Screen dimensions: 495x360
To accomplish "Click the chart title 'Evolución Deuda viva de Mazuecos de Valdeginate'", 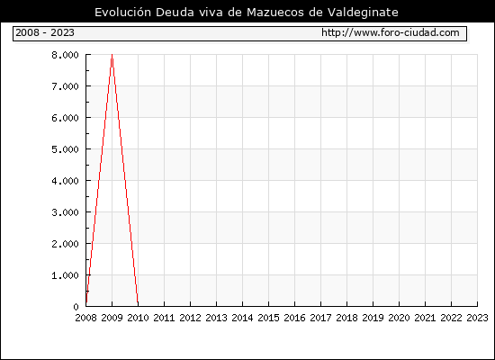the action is coord(247,13).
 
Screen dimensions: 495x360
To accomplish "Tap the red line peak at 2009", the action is coord(112,55).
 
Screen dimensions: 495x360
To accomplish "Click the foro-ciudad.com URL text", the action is coord(391,32).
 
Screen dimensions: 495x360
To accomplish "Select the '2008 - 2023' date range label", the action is coord(45,32).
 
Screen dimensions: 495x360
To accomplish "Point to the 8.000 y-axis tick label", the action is coord(65,55).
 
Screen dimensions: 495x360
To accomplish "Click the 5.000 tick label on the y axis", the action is coord(65,149).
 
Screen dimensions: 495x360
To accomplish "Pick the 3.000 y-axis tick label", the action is coord(65,212).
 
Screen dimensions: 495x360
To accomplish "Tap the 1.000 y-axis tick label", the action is coord(65,275).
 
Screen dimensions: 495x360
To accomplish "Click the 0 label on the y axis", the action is coord(76,307).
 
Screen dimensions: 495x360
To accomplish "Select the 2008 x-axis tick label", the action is coord(85,318).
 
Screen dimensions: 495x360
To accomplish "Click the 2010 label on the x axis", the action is coord(138,318).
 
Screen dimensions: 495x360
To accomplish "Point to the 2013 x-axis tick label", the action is coord(216,318).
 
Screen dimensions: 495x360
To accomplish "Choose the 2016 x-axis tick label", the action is coord(294,318).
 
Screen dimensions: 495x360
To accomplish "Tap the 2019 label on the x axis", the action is coord(373,318).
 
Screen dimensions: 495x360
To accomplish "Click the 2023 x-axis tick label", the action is coord(477,318).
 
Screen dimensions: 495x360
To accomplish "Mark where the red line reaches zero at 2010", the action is coord(138,306).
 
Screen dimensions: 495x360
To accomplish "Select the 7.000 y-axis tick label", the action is coord(65,86).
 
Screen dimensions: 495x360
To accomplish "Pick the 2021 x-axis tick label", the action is coord(425,318).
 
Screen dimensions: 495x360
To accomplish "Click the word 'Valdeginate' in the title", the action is coord(363,13).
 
